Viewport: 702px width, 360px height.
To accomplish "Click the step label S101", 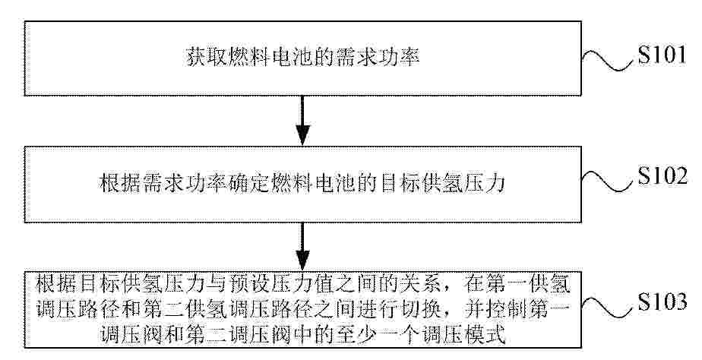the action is (662, 56).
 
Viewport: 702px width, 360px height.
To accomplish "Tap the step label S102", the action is (662, 177).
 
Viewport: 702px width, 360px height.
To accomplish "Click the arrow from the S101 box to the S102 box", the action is (303, 120).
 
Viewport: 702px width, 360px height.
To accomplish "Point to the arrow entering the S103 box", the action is (303, 247).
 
